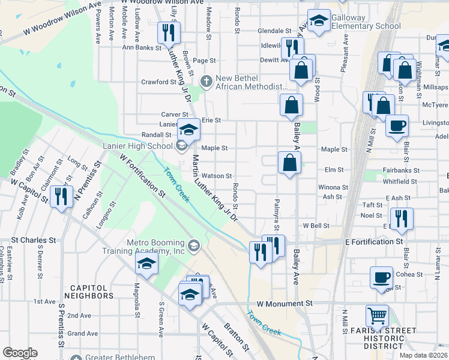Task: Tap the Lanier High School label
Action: coord(143,146)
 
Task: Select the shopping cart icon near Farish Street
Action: coord(377,314)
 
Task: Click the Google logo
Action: coord(20,353)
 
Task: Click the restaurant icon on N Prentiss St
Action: coord(61,197)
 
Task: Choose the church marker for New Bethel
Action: coord(206,80)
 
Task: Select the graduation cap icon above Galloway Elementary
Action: coord(319,20)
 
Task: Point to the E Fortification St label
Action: coord(373,241)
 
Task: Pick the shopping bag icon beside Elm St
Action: coord(289,163)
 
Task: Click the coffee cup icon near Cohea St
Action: coord(381,277)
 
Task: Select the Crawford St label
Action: coord(158,82)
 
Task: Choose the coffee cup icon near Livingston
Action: coord(397,125)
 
